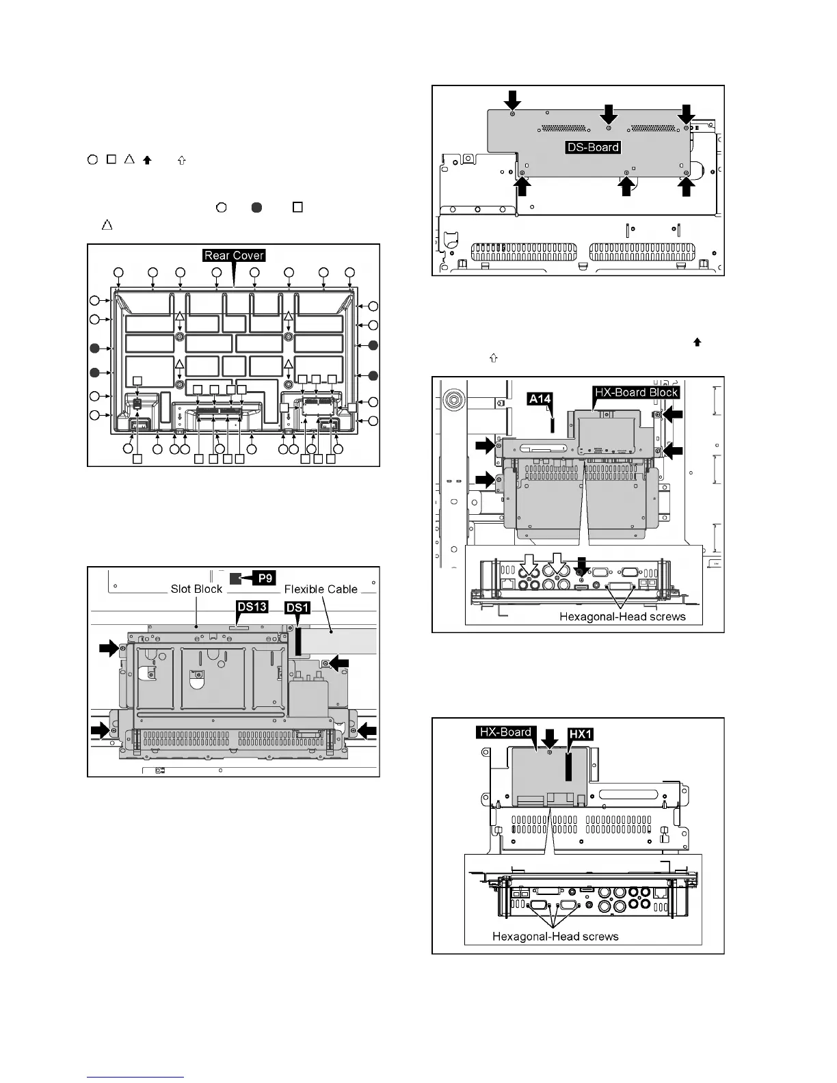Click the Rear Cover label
[234, 256]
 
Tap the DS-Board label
[593, 147]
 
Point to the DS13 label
[252, 607]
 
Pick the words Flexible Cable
[321, 589]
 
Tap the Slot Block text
[196, 589]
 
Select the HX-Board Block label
[637, 392]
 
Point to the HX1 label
[581, 734]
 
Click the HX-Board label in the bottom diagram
[505, 732]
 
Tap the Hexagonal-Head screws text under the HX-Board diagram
[555, 936]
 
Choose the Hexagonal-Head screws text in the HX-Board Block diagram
[622, 616]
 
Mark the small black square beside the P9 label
[235, 578]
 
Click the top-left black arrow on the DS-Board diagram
[512, 101]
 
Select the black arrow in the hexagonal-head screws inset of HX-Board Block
[582, 564]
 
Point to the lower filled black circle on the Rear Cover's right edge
[373, 375]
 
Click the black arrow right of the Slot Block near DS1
[339, 663]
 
